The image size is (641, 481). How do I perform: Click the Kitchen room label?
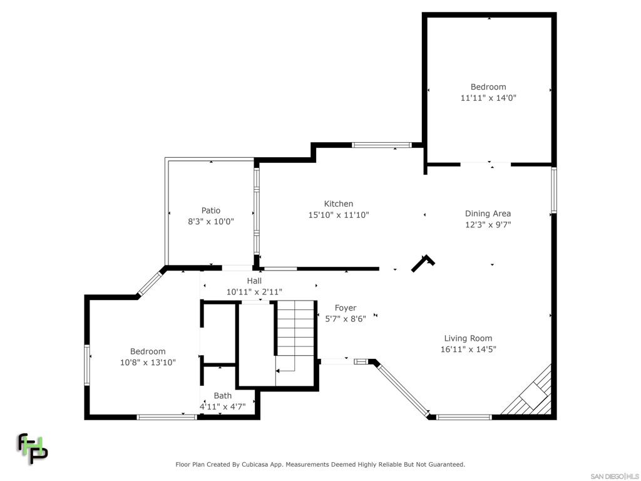339,204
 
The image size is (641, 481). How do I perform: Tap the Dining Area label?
488,214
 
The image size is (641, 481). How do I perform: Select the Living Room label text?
468,338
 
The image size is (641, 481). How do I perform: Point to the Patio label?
211,210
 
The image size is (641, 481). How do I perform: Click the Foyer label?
346,308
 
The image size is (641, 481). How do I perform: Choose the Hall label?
254,281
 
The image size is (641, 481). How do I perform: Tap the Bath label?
223,395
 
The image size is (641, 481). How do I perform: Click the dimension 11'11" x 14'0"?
488,98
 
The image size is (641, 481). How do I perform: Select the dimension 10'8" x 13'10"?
148,362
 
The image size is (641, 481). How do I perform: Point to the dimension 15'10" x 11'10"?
339,215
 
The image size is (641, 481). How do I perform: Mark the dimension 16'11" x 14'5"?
468,349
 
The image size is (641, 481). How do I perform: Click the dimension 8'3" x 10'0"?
211,221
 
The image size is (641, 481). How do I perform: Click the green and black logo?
32,448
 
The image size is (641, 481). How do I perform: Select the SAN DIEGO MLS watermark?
614,476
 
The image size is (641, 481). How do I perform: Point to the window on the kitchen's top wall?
381,145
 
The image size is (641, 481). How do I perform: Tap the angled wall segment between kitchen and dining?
423,263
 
